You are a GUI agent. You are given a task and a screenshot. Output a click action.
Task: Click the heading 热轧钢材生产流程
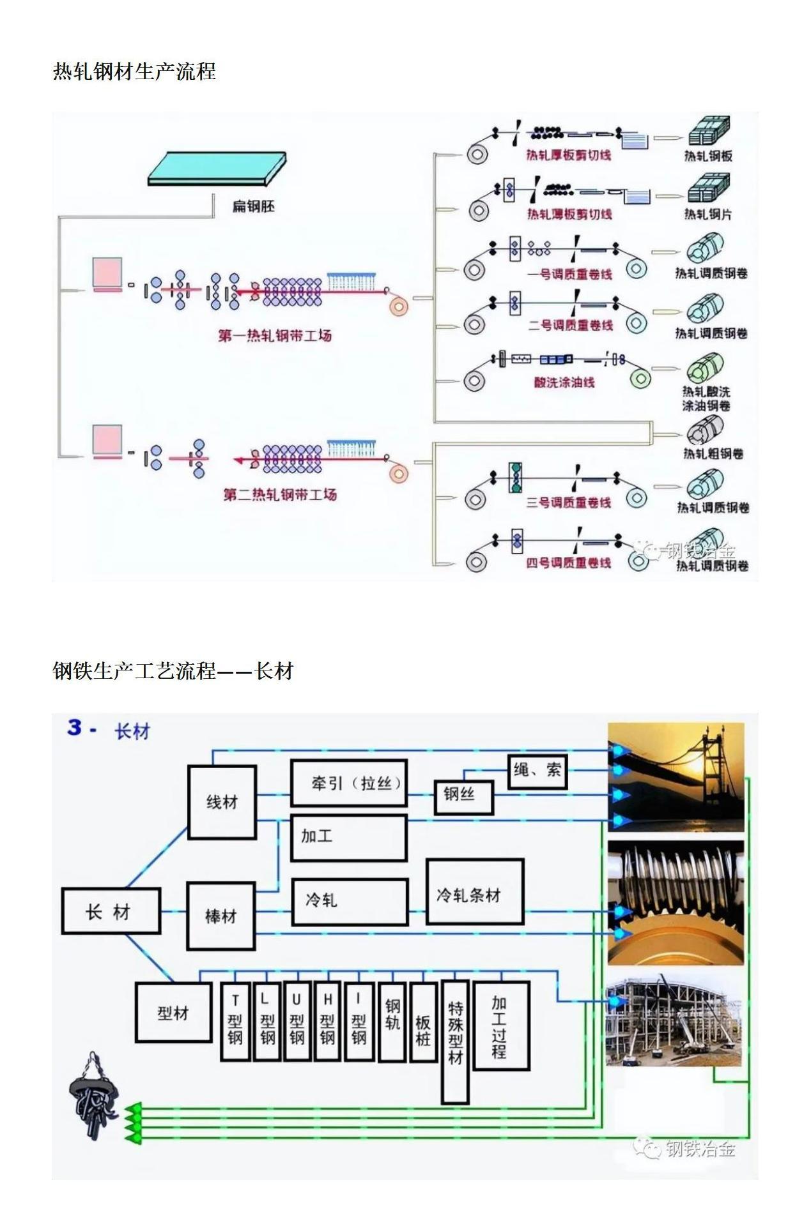point(134,71)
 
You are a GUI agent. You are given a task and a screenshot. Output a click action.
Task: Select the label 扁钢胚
point(253,206)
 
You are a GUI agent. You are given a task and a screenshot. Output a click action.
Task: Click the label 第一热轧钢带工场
point(275,336)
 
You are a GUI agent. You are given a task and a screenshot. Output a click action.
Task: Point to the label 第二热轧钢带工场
point(279,494)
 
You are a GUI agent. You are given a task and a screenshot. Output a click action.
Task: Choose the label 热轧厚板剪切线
point(568,155)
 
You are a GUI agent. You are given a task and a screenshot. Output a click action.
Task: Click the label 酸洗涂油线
point(564,382)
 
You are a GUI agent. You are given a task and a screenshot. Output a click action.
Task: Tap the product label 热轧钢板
point(708,156)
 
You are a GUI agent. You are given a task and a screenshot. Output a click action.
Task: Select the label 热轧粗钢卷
point(713,453)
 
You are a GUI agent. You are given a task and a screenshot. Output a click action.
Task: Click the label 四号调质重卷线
point(568,563)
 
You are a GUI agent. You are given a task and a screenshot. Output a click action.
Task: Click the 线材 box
point(222,802)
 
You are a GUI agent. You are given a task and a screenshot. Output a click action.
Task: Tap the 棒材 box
point(221,916)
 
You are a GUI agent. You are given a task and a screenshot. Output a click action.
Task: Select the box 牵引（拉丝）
point(349,783)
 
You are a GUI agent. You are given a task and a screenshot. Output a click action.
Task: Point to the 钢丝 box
point(464,796)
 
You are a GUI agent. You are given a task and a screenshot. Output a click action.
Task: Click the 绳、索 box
point(537,771)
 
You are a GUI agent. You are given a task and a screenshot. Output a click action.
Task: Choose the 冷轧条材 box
point(475,892)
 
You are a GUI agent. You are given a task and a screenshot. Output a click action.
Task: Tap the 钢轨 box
point(392,1022)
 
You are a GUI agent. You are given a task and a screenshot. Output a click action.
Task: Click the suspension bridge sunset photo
point(676,776)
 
